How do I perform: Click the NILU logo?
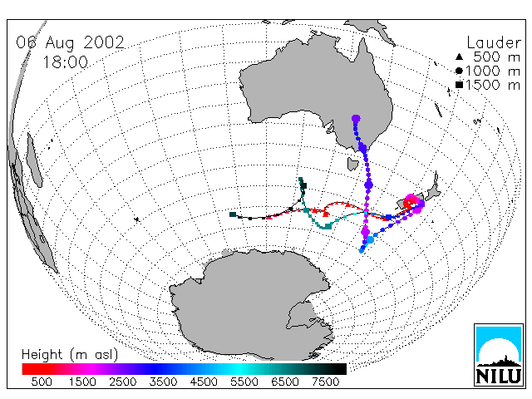point(499,355)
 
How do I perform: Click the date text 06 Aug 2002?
point(70,42)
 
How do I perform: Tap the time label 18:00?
point(66,62)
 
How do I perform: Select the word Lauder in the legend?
point(494,42)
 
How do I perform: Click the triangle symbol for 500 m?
point(459,57)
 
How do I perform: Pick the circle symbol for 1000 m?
point(459,71)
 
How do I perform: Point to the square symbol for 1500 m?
point(459,85)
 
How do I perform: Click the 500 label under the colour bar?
point(42,382)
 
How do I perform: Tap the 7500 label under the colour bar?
point(326,382)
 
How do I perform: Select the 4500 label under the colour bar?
point(204,382)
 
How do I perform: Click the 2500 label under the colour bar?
point(123,382)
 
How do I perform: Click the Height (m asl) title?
point(70,355)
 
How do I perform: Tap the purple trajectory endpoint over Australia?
point(356,119)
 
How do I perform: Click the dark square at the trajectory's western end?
point(233,214)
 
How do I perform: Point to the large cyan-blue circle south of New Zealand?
point(370,240)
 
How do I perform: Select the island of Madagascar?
point(34,160)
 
